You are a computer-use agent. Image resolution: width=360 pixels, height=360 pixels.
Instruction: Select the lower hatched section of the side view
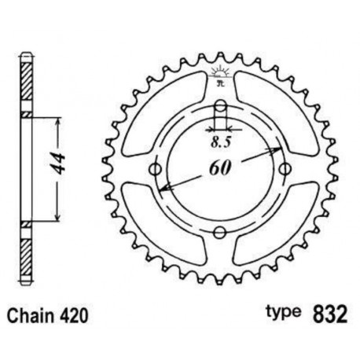pyautogui.click(x=27, y=252)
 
